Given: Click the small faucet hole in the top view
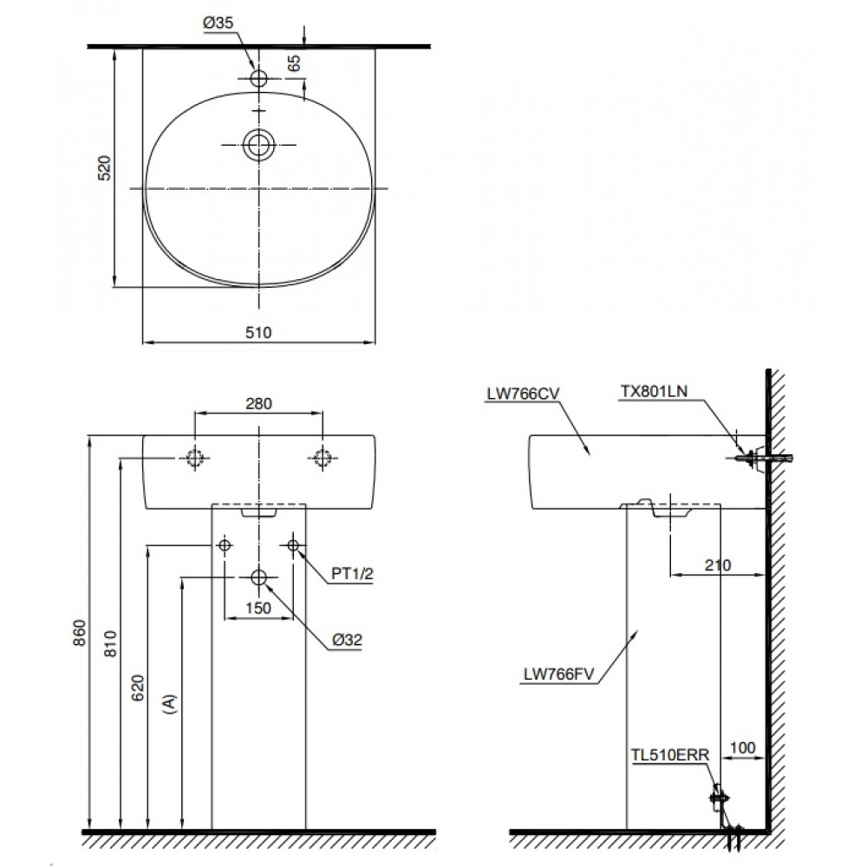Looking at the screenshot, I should coord(258,78).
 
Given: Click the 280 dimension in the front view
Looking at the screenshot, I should coord(258,402).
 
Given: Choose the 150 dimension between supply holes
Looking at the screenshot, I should coord(258,608).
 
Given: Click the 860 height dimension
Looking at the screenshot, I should coord(78,636).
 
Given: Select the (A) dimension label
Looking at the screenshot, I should coord(170,702).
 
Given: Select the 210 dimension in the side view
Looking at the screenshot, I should coord(718,565).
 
